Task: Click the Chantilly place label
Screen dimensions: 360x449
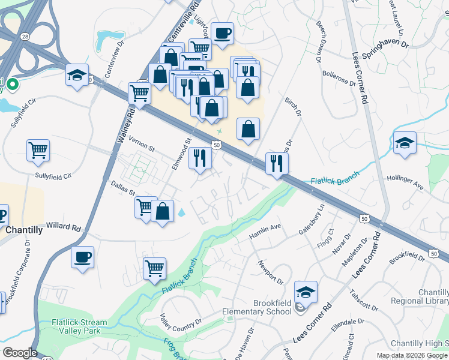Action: [x=24, y=230]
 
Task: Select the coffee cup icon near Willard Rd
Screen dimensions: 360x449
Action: [x=83, y=257]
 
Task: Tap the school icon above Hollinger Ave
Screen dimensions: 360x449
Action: [x=405, y=143]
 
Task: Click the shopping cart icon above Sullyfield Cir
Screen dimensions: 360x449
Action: [x=38, y=150]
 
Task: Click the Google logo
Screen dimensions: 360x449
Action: [x=20, y=353]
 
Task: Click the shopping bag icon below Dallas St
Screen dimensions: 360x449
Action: [x=162, y=212]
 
